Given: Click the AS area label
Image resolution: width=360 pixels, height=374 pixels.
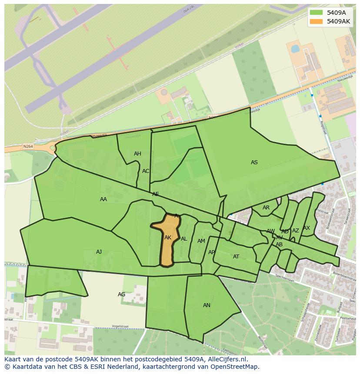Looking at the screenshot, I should [x=254, y=162].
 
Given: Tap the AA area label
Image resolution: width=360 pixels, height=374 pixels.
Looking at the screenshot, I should [x=103, y=199].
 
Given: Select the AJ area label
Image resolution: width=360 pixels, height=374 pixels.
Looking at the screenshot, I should [x=99, y=252].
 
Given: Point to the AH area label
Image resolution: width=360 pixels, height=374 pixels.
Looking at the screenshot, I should [x=137, y=154].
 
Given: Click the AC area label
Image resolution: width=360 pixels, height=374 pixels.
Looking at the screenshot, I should [x=146, y=171].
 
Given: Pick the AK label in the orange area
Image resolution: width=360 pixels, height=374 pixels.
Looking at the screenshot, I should [x=168, y=238].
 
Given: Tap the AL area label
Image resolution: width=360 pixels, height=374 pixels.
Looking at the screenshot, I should [x=184, y=239].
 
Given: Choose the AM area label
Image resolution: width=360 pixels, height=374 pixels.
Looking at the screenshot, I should [x=201, y=241].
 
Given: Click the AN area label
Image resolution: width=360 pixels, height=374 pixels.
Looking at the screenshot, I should [x=207, y=305].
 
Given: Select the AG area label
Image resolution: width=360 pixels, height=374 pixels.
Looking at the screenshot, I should [x=122, y=295].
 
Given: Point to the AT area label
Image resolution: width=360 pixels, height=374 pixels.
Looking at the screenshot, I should [x=236, y=257].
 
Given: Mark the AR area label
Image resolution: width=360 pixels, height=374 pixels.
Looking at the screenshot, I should [x=266, y=208].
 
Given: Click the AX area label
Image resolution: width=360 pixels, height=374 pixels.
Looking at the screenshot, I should [x=307, y=228].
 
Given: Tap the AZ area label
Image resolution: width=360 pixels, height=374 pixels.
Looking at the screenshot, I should [x=296, y=231].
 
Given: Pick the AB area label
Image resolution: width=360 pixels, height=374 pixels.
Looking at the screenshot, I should [x=279, y=245].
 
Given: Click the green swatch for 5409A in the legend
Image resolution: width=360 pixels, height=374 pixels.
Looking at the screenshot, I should [x=316, y=13].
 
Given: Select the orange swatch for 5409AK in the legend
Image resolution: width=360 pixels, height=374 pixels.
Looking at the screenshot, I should [x=316, y=21].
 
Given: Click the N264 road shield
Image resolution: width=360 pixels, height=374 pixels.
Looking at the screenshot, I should [x=28, y=147].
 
